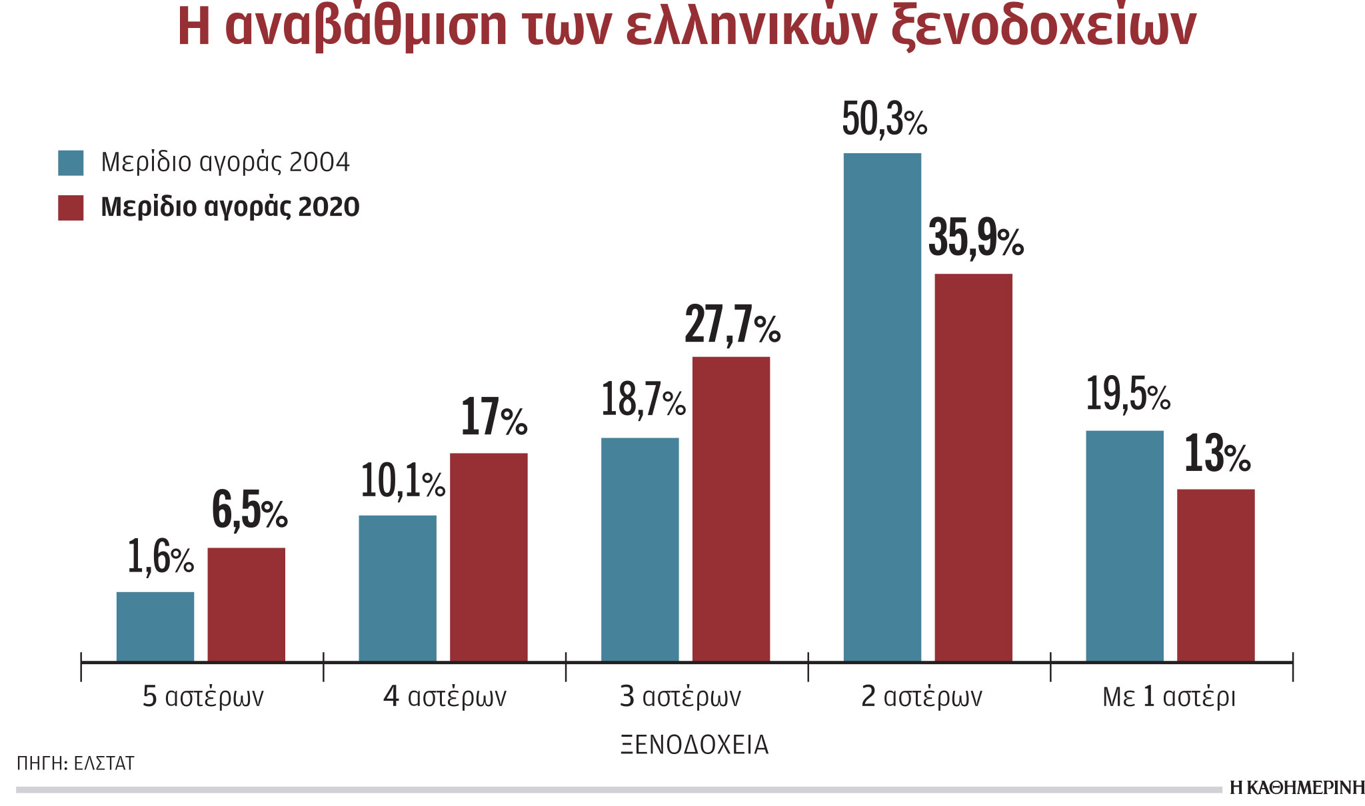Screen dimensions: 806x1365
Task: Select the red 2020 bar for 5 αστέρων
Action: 246,604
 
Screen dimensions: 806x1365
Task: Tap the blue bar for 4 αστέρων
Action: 397,588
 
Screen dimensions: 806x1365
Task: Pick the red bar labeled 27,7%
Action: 730,509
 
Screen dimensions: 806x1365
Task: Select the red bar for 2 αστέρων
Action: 973,467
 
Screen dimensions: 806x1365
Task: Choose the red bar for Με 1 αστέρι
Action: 1215,575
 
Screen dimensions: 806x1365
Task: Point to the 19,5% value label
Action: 1128,394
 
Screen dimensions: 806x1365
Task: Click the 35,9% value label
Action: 975,238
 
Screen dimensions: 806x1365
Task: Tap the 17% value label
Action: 493,418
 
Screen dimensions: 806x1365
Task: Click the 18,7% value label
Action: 643,400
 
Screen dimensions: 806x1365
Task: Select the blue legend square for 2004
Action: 71,163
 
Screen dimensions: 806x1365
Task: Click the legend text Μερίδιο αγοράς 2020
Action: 230,207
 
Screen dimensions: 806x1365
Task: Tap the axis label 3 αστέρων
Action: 680,697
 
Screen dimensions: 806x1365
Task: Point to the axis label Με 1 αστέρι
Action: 1169,697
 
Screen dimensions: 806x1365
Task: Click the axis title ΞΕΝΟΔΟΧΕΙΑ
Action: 694,745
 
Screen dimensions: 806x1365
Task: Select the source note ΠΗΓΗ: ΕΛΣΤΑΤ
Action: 75,763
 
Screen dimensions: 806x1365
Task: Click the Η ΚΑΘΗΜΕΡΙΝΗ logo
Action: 1296,788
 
